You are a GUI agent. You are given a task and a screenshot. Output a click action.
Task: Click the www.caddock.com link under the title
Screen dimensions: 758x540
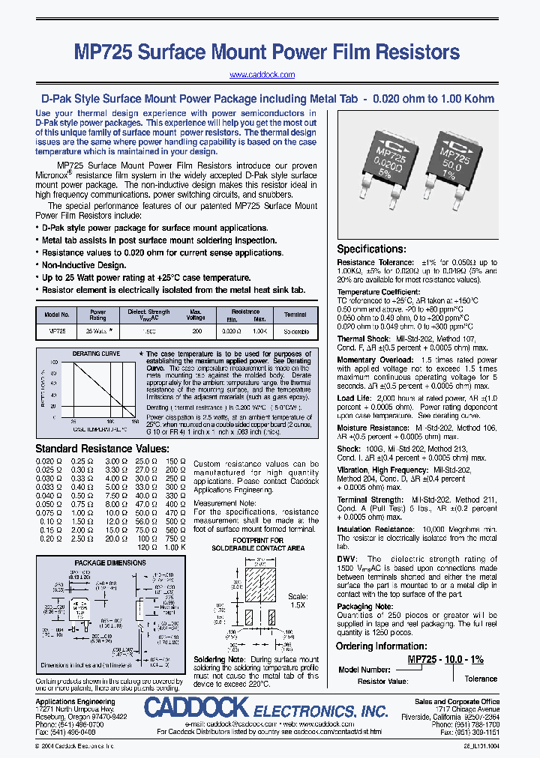click(x=262, y=75)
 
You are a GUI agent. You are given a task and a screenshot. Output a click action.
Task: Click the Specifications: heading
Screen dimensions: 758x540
click(x=370, y=249)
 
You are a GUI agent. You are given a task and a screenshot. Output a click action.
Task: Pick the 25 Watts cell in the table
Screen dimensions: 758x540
click(x=97, y=330)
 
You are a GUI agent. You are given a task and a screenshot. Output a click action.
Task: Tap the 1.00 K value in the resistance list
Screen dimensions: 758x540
click(x=174, y=548)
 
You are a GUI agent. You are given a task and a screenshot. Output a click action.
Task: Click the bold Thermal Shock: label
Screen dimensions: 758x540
click(x=362, y=339)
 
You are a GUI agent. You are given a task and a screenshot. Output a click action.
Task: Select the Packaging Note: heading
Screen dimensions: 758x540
click(x=364, y=607)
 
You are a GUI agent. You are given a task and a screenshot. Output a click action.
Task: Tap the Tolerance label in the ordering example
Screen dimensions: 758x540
click(x=480, y=679)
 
